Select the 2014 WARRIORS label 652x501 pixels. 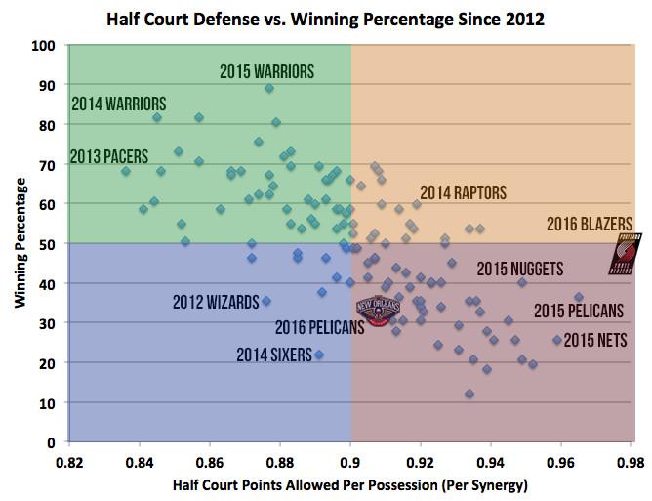click(119, 104)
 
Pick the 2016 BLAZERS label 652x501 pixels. click(589, 224)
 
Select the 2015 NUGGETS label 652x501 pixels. click(518, 269)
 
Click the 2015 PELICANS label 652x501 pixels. click(579, 312)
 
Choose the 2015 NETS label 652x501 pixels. click(595, 341)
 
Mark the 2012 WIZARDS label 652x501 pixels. click(216, 301)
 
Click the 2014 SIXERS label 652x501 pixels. click(273, 355)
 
